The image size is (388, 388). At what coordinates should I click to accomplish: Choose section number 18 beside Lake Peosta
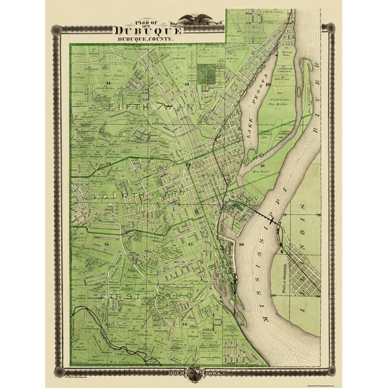point(267,85)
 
